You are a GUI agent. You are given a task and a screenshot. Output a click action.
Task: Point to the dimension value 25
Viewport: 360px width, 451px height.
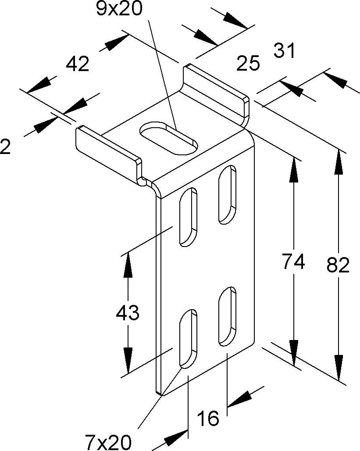tap(248, 64)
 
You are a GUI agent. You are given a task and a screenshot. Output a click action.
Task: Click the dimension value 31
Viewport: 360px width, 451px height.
tap(285, 51)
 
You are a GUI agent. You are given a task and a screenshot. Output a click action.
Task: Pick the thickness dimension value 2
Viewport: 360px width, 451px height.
tap(5, 147)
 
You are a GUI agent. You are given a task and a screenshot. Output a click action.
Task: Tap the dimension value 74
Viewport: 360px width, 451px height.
tap(293, 262)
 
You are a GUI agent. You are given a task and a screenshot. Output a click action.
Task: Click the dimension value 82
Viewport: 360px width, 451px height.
tap(338, 265)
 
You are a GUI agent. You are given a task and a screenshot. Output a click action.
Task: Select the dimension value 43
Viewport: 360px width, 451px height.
tap(128, 313)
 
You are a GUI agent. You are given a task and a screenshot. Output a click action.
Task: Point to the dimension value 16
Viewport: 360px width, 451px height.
tap(208, 419)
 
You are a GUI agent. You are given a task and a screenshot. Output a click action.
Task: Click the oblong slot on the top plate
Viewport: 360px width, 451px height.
tap(168, 138)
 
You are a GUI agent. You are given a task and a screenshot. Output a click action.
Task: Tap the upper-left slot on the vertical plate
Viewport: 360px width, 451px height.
tap(187, 216)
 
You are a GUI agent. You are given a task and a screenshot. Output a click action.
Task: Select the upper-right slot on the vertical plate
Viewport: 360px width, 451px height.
tap(228, 194)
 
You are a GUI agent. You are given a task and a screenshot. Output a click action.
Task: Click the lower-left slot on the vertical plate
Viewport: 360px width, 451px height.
tap(187, 338)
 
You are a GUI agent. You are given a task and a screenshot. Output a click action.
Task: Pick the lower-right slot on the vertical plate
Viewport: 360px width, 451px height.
tap(228, 315)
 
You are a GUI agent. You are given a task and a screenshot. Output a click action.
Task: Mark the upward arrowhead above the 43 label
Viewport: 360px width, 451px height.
tap(128, 265)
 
